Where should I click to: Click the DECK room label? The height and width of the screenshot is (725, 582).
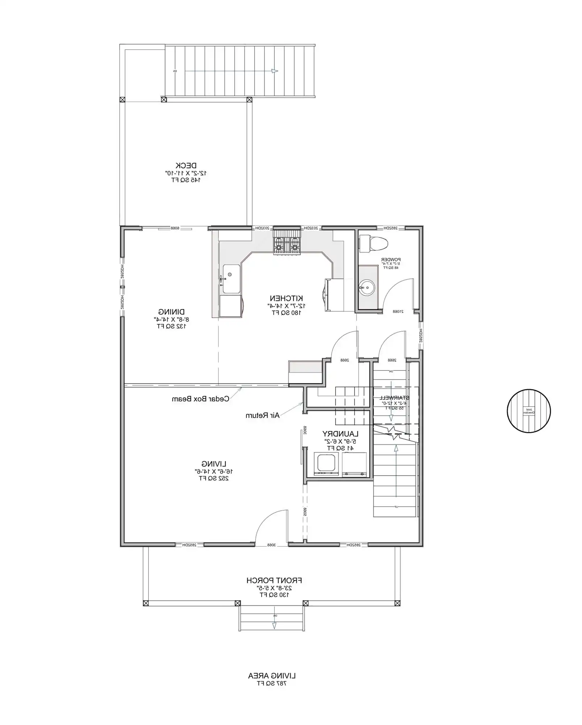(186, 165)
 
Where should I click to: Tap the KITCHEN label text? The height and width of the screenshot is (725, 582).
(286, 298)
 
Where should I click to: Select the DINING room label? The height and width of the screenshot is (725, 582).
(171, 311)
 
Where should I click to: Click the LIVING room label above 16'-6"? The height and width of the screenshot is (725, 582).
(214, 464)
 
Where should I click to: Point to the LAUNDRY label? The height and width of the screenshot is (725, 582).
(340, 434)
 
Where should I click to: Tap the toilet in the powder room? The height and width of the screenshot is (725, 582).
(373, 243)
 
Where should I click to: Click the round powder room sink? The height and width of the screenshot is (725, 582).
(367, 288)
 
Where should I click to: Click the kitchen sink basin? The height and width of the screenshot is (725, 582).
(231, 278)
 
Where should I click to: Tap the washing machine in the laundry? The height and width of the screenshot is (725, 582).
(327, 464)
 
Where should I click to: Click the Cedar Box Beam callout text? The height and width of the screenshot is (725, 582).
(200, 399)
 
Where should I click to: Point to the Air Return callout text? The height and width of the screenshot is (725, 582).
(262, 415)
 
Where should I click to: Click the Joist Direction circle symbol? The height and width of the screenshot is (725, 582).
(528, 411)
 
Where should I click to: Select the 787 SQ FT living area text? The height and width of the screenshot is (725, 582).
(272, 683)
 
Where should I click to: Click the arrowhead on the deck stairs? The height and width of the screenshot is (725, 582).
(275, 71)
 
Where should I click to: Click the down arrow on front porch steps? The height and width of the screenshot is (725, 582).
(274, 625)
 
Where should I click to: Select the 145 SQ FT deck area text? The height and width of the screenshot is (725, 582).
(186, 180)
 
